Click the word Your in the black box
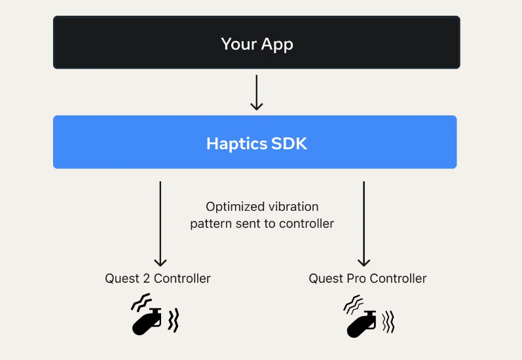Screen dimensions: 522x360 click(238, 44)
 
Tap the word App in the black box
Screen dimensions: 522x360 click(277, 45)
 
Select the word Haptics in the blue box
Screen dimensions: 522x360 click(236, 144)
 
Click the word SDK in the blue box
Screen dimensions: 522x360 click(289, 143)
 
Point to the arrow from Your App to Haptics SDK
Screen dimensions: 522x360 click(256, 92)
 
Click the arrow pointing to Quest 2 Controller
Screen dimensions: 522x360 click(160, 224)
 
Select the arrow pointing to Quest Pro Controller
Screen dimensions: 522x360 click(364, 224)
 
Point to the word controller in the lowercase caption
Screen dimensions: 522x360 click(307, 224)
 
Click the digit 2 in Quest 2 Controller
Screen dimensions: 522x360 click(147, 278)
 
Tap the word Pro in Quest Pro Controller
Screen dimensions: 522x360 click(356, 278)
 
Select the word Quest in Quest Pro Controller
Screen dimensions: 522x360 click(326, 278)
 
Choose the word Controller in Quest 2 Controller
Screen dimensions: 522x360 click(182, 278)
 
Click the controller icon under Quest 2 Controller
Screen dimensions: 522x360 click(147, 321)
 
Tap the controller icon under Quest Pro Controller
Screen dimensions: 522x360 click(361, 324)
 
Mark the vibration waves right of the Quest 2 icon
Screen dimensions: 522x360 click(174, 320)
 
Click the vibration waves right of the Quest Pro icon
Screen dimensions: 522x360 click(388, 322)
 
